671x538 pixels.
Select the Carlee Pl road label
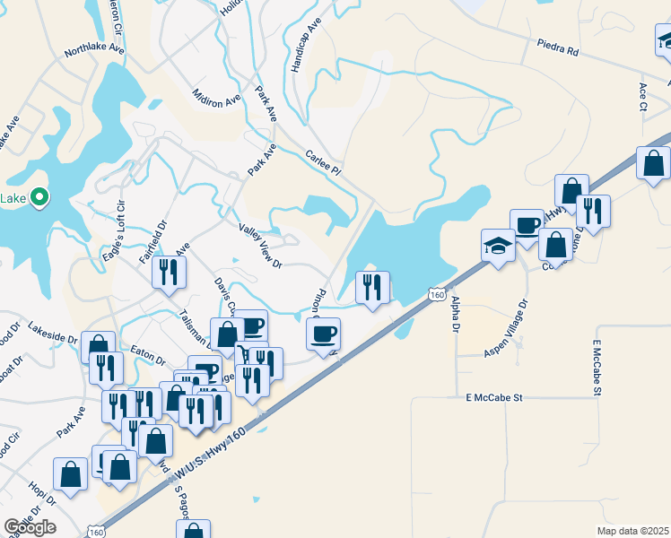coord(324,161)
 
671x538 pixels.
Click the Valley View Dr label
coord(261,245)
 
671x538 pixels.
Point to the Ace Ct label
coord(643,96)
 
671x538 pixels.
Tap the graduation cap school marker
coord(498,244)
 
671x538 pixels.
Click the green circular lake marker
coord(39,197)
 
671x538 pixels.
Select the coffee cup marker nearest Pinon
coord(324,334)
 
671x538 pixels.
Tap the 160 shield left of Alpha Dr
coord(436,294)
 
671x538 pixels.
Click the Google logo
coord(30,526)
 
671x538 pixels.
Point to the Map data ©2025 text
coord(632,530)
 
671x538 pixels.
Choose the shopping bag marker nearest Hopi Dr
coord(70,473)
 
